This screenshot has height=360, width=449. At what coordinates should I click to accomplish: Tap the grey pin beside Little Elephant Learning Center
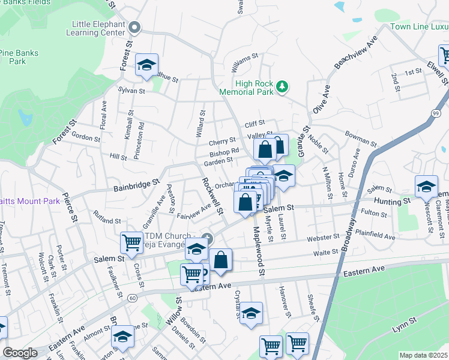[x=134, y=27]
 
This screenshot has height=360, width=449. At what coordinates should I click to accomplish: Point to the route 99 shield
[x=435, y=113]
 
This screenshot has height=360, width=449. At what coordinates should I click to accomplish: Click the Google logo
[x=20, y=353]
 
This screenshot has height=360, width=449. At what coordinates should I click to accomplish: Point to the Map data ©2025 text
[x=423, y=355]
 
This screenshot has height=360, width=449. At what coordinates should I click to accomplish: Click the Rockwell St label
[x=212, y=196]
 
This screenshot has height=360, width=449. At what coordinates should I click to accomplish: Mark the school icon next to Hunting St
[x=426, y=187]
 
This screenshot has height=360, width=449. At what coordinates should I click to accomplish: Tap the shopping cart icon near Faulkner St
[x=131, y=243]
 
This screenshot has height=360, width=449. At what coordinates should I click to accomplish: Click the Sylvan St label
[x=133, y=91]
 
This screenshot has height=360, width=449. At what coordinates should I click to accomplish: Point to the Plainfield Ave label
[x=391, y=230]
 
